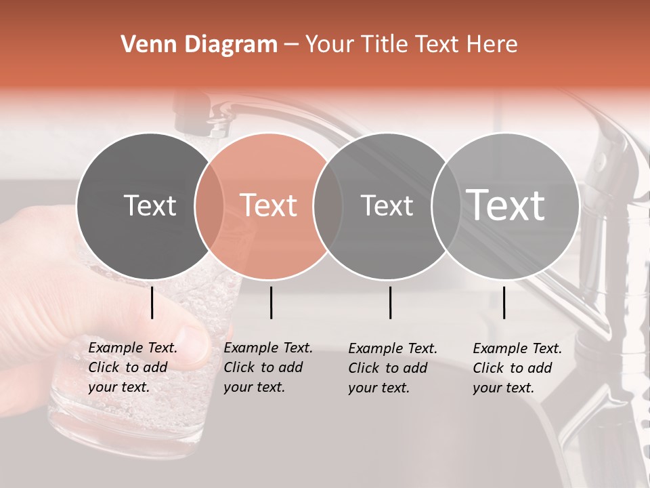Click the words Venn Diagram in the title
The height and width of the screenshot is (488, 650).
pyautogui.click(x=198, y=45)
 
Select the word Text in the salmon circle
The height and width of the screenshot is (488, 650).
pyautogui.click(x=269, y=205)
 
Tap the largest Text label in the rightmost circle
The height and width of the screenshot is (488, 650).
pyautogui.click(x=506, y=205)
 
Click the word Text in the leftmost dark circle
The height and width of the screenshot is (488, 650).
pyautogui.click(x=150, y=205)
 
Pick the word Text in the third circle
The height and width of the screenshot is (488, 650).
pyautogui.click(x=387, y=205)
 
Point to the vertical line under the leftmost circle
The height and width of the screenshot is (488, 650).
pyautogui.click(x=152, y=302)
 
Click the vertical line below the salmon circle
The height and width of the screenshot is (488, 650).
pyautogui.click(x=271, y=302)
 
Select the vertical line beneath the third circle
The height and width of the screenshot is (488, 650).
pyautogui.click(x=390, y=302)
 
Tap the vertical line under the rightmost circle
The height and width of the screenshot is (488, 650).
pyautogui.click(x=504, y=302)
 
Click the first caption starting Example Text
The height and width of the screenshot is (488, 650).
pyautogui.click(x=133, y=367)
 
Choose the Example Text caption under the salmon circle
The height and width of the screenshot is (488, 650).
pyautogui.click(x=268, y=367)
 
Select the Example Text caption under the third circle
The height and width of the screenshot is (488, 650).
pyautogui.click(x=393, y=368)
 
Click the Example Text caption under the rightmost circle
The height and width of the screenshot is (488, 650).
pyautogui.click(x=517, y=368)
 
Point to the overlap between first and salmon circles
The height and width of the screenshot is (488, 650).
pyautogui.click(x=209, y=206)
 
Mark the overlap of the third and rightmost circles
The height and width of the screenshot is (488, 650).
pyautogui.click(x=443, y=206)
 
